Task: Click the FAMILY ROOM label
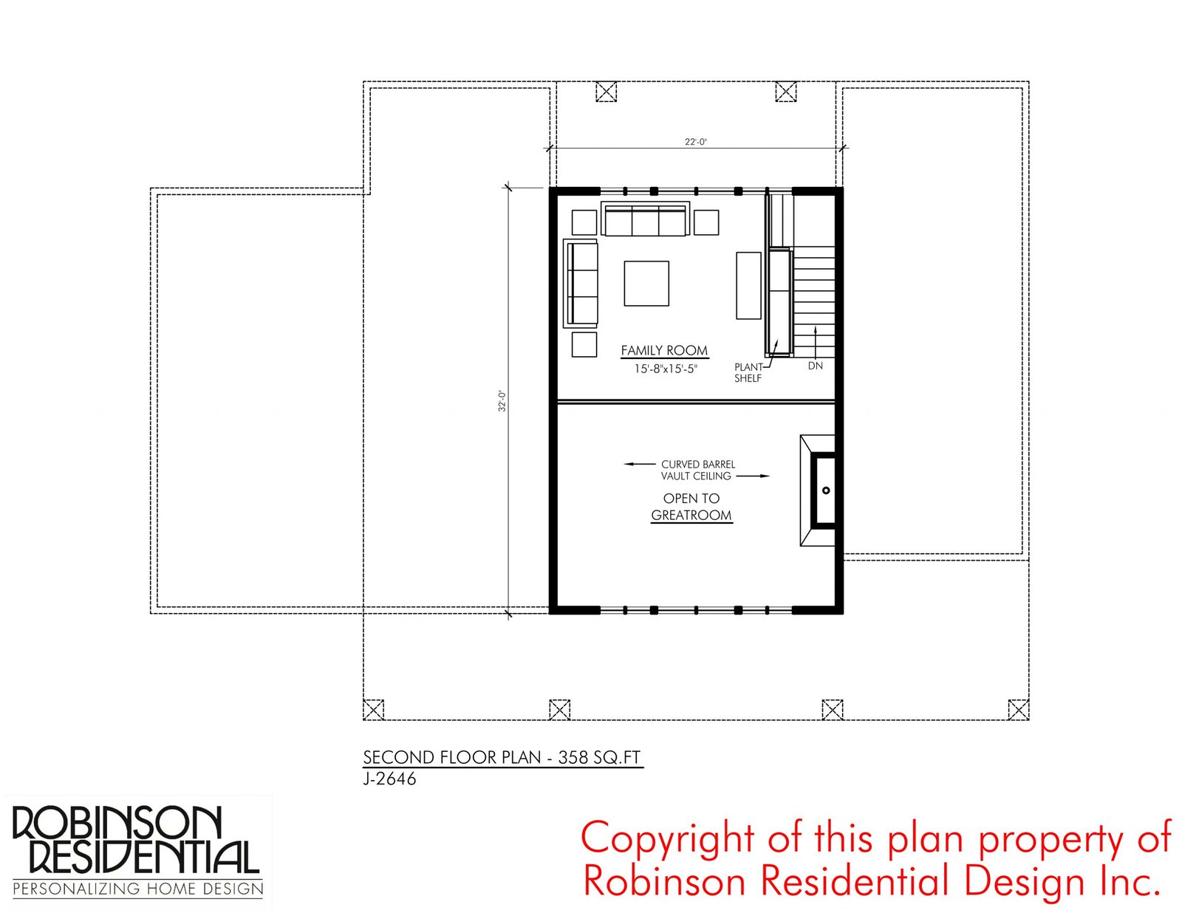click(664, 351)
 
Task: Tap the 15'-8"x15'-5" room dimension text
click(666, 369)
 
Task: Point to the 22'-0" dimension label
click(695, 142)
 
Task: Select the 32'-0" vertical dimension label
click(502, 401)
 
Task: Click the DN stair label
click(815, 366)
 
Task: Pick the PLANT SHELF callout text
click(748, 372)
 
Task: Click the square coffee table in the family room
click(646, 284)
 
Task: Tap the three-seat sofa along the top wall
click(645, 219)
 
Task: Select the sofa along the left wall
click(581, 284)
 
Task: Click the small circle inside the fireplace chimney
click(826, 490)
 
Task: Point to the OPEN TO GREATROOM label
click(691, 507)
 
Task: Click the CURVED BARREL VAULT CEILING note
click(698, 471)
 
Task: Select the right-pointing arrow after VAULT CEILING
click(754, 476)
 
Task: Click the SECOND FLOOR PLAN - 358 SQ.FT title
click(502, 757)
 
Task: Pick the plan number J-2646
click(389, 779)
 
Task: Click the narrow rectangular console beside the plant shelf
click(748, 285)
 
